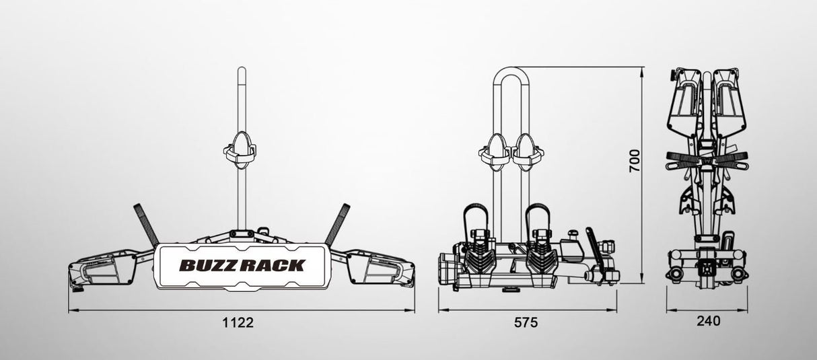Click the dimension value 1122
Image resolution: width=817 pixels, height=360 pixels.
point(238,322)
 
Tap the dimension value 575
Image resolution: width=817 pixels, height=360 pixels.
point(526,322)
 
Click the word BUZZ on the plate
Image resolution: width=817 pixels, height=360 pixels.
point(205,265)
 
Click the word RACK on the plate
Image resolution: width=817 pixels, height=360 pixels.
point(276,265)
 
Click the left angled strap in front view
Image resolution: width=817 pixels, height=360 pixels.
point(147,223)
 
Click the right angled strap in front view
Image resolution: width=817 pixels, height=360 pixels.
point(336,223)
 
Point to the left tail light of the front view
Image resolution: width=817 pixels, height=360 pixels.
point(94,268)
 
